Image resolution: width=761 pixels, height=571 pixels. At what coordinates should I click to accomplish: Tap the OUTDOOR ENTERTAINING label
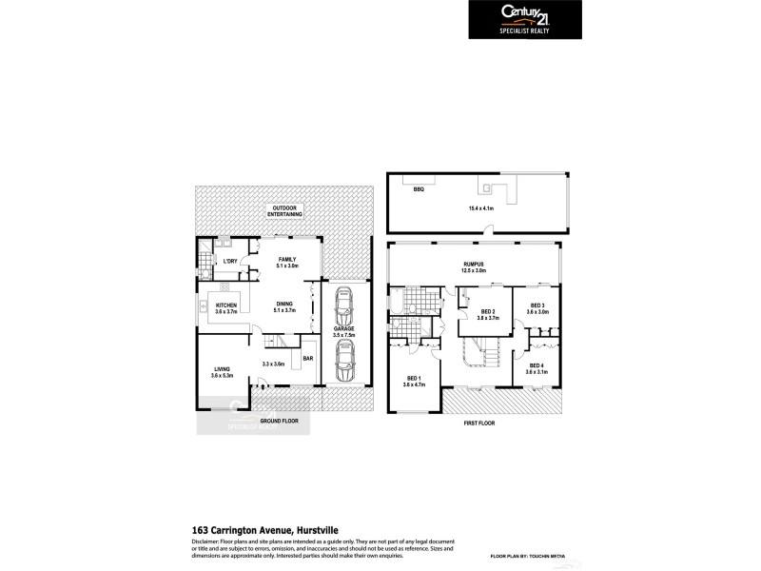click(x=285, y=211)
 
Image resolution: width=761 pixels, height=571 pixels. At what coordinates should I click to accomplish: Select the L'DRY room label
click(x=229, y=261)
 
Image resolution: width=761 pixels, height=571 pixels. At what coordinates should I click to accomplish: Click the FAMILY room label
click(x=287, y=263)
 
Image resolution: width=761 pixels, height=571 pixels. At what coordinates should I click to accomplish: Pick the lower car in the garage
click(x=343, y=362)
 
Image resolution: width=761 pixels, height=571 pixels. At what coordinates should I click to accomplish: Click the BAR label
click(x=307, y=358)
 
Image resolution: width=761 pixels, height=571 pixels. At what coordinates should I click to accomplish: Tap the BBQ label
click(x=418, y=190)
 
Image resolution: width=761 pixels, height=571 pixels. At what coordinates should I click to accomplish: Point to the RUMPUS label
click(x=474, y=267)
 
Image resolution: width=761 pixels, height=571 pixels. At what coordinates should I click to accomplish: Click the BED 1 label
click(x=413, y=381)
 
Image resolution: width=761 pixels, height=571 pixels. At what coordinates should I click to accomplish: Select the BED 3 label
click(x=538, y=308)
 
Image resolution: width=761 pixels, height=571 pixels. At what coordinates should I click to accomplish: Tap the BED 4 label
click(x=538, y=368)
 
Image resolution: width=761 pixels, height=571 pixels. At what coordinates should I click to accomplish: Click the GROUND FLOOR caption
click(x=280, y=420)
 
